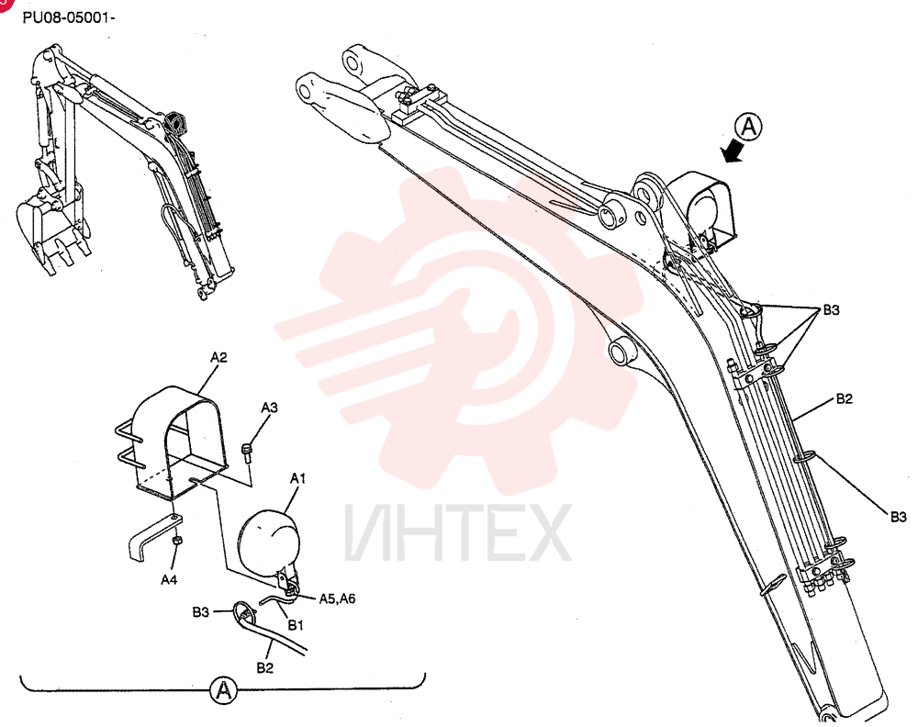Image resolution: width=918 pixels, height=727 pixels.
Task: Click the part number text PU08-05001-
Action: pyautogui.click(x=69, y=17)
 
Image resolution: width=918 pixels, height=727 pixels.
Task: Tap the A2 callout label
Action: pyautogui.click(x=219, y=357)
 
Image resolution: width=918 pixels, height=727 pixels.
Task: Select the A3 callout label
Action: pyautogui.click(x=269, y=408)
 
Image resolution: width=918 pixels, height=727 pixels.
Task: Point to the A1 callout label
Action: pyautogui.click(x=298, y=479)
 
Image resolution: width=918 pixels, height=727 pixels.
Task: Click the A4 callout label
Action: pyautogui.click(x=169, y=579)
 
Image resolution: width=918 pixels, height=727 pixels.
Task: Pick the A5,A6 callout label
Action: pyautogui.click(x=337, y=598)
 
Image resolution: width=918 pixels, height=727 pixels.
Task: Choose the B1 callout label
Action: pyautogui.click(x=296, y=626)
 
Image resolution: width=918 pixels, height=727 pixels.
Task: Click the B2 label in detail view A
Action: pyautogui.click(x=264, y=668)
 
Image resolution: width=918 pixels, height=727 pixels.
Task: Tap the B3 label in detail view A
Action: pyautogui.click(x=201, y=611)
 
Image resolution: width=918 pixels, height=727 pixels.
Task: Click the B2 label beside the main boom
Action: pyautogui.click(x=845, y=398)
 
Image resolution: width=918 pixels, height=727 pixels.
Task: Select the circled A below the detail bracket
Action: pyautogui.click(x=223, y=690)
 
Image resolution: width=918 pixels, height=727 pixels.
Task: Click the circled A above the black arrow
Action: pyautogui.click(x=749, y=127)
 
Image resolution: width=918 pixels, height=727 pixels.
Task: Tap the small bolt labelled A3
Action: pyautogui.click(x=246, y=453)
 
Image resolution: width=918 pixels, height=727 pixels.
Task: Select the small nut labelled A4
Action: pyautogui.click(x=176, y=539)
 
